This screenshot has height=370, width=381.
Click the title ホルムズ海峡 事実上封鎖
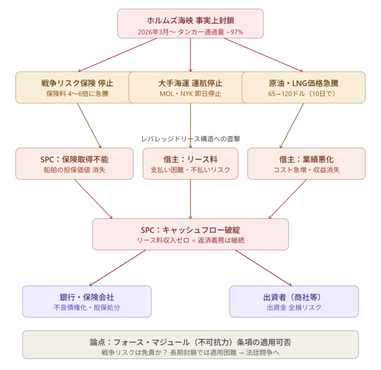click(x=190, y=21)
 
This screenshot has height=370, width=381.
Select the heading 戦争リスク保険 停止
click(x=77, y=83)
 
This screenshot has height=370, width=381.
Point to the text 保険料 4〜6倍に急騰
click(x=77, y=94)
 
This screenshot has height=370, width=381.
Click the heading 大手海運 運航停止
click(x=190, y=83)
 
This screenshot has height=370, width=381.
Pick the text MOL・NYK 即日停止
click(x=190, y=94)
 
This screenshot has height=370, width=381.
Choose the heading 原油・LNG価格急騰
click(x=303, y=83)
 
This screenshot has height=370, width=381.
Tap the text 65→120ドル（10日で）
click(x=303, y=94)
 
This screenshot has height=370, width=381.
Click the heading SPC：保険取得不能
click(x=74, y=159)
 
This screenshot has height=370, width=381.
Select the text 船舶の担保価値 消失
click(x=74, y=170)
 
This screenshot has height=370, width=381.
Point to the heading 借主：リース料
click(x=190, y=159)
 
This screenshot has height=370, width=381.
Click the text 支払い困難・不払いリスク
click(x=190, y=170)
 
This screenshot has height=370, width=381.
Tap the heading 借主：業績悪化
click(x=306, y=159)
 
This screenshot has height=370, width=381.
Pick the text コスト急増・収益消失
click(x=306, y=170)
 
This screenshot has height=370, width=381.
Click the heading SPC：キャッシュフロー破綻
click(x=190, y=230)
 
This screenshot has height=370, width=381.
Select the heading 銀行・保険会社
click(x=87, y=297)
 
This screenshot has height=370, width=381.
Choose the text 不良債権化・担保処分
click(x=87, y=308)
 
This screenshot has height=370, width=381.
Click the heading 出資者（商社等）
click(x=294, y=297)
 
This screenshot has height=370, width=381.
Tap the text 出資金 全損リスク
click(x=294, y=308)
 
